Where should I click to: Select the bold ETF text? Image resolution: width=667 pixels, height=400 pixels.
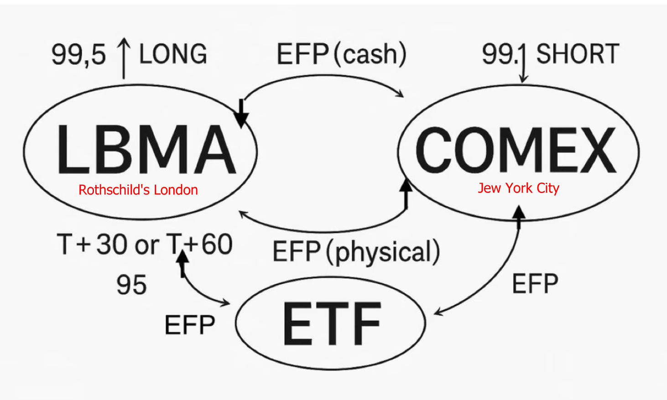pos(332,323)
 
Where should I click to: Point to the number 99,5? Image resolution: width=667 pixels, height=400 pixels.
pos(78,54)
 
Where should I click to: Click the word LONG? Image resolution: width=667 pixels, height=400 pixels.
pos(173,54)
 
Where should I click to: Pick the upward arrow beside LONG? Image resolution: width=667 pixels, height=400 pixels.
pos(124,58)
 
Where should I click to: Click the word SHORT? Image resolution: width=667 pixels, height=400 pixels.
pos(578,54)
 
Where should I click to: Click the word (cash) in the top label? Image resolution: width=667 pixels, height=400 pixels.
pos(370,54)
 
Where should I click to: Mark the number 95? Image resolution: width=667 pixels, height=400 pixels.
pos(131,285)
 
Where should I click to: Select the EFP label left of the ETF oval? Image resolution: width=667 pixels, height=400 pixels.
pos(189,325)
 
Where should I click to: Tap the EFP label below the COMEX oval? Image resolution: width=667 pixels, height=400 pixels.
pos(535,284)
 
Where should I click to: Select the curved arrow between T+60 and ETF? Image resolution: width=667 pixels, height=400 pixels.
pos(196,292)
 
